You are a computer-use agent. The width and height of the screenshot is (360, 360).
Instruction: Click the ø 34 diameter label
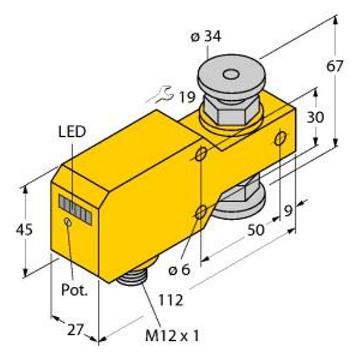206,37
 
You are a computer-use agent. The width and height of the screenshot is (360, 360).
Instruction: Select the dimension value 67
335,66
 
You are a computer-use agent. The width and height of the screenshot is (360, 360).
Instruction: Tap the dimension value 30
316,117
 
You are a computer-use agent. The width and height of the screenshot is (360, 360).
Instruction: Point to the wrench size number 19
187,97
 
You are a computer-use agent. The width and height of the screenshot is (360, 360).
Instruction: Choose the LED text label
72,132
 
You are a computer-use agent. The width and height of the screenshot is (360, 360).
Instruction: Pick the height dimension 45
25,229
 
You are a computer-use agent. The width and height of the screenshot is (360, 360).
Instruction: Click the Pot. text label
74,290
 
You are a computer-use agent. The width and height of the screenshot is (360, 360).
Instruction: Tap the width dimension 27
75,331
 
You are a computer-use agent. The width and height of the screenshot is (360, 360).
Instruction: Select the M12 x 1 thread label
172,336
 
